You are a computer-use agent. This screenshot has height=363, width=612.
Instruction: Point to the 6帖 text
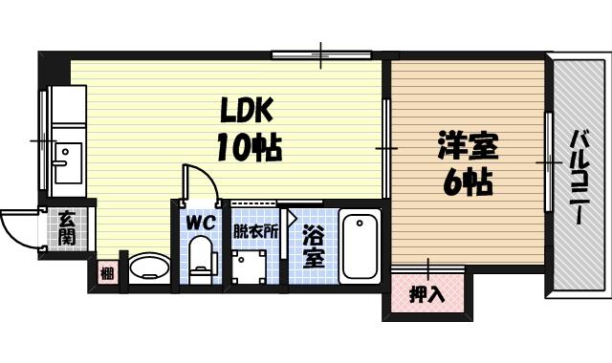467,181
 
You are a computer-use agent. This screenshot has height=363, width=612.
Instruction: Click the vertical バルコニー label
579,177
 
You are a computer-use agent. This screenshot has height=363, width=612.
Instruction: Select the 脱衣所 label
256,231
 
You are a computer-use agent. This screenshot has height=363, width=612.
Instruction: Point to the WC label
198,223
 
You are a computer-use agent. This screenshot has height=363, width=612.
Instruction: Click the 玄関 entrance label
67,228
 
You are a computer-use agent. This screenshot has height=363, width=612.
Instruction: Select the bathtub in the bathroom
360,246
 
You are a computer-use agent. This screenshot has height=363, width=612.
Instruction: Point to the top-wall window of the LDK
320,53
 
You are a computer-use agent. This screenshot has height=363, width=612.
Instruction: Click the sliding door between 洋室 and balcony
550,162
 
